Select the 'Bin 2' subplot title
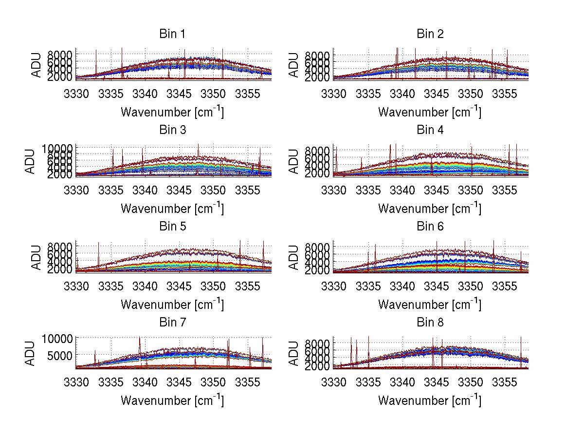tap(430, 34)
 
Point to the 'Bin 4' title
tap(430, 130)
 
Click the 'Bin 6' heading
tap(430, 227)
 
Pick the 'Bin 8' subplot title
tap(430, 323)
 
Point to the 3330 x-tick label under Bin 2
tap(334, 94)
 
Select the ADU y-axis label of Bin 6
tap(294, 257)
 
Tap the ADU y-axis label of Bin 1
tap(37, 64)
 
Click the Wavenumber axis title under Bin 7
tap(172, 401)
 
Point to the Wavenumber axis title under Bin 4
tap(430, 208)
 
